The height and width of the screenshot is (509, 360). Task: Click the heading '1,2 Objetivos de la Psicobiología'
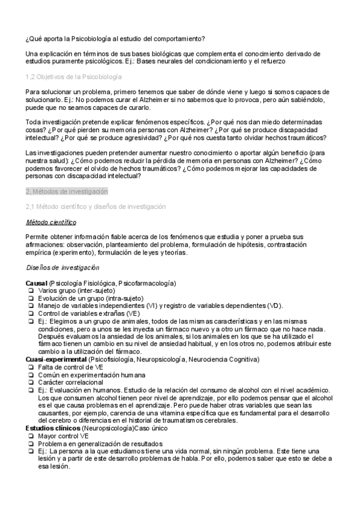pyautogui.click(x=73, y=77)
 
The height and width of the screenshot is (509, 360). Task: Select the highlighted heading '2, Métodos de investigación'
pyautogui.click(x=67, y=191)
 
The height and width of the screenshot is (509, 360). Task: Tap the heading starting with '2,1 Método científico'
pyautogui.click(x=95, y=206)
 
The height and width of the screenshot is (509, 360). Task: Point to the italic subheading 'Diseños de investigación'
pyautogui.click(x=63, y=267)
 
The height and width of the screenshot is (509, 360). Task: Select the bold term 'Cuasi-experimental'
pyautogui.click(x=56, y=359)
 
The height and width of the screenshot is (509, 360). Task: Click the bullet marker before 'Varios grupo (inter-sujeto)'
pyautogui.click(x=30, y=290)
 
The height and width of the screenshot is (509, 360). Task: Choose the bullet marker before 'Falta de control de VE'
pyautogui.click(x=30, y=367)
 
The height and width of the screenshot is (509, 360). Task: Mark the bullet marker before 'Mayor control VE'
pyautogui.click(x=30, y=436)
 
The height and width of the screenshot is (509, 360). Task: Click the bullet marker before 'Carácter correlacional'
pyautogui.click(x=30, y=382)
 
